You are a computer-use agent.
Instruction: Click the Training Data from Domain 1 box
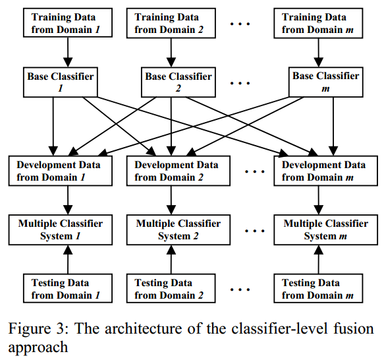[68, 23]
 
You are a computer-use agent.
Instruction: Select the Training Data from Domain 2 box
[171, 23]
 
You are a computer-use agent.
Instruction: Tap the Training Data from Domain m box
[318, 23]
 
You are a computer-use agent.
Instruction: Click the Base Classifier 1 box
[61, 82]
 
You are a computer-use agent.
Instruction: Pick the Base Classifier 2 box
[178, 82]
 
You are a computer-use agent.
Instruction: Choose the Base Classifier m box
[326, 82]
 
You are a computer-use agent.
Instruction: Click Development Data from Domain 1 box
[61, 171]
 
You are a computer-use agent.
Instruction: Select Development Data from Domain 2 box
[178, 171]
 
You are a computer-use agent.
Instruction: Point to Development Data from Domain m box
[326, 171]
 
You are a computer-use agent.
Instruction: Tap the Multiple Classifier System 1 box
[61, 230]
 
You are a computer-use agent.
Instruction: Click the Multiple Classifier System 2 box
[178, 230]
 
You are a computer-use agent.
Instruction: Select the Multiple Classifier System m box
[326, 230]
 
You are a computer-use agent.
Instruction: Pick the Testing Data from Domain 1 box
[68, 288]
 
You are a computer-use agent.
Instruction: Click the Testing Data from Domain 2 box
[171, 288]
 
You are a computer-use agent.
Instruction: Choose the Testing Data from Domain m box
[318, 288]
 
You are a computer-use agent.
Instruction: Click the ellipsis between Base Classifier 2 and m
[240, 83]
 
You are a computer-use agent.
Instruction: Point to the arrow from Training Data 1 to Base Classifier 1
[68, 52]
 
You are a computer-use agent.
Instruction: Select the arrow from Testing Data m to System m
[318, 260]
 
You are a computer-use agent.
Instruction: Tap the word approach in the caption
[38, 347]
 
